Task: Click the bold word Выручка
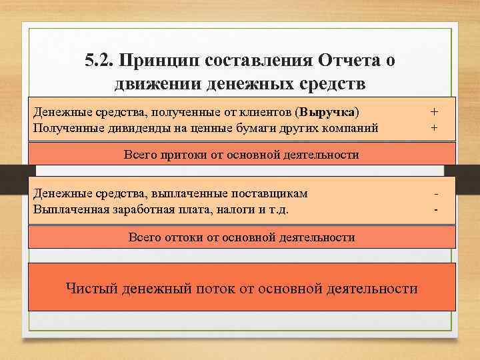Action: click(x=329, y=110)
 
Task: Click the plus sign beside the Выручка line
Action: click(x=435, y=110)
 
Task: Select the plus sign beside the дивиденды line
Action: click(x=435, y=127)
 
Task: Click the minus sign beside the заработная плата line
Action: click(x=435, y=210)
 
